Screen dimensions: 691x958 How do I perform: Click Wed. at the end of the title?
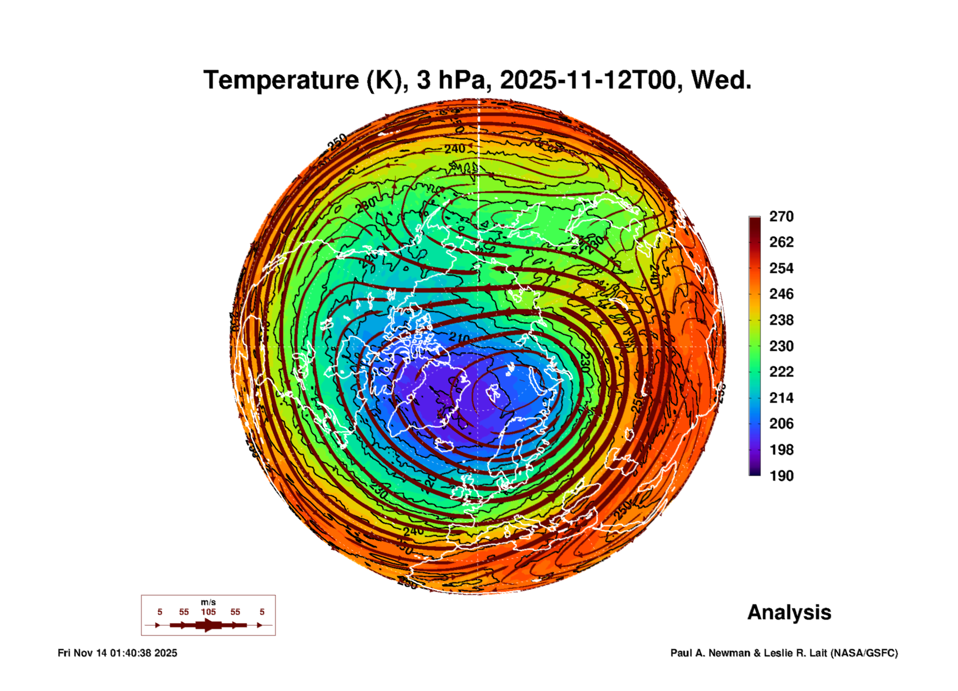(721, 81)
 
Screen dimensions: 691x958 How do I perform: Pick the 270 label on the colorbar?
(781, 216)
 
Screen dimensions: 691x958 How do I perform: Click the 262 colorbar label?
(781, 242)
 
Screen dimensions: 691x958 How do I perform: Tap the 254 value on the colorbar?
(781, 268)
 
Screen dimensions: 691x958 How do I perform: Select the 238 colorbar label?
(781, 320)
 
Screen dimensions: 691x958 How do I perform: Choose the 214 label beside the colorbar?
(781, 398)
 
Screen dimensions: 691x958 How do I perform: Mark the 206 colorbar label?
(781, 424)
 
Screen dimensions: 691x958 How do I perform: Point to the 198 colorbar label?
(781, 450)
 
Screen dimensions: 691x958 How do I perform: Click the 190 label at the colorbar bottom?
(781, 476)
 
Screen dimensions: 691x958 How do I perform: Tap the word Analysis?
(789, 613)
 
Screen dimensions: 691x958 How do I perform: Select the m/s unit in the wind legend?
(208, 602)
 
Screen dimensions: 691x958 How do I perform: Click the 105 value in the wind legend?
(208, 612)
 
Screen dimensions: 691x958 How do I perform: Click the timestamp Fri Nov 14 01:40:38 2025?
(117, 653)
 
